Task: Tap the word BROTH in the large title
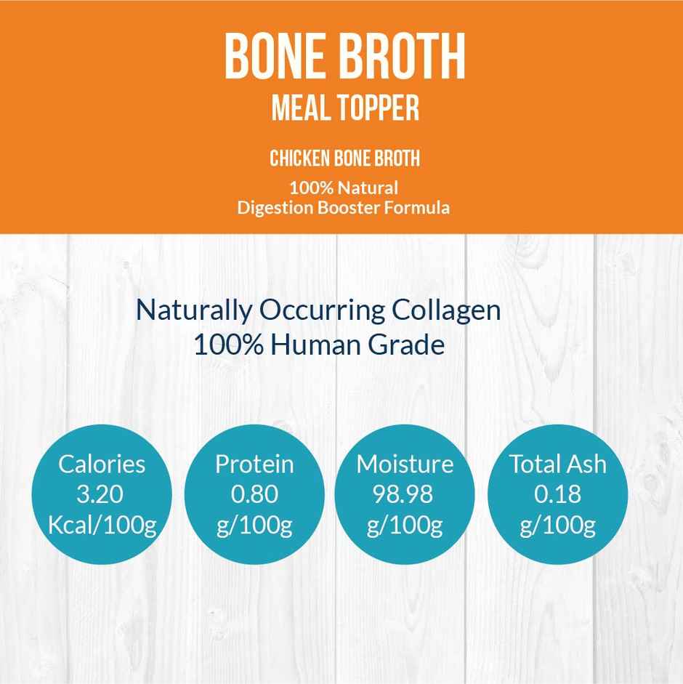[398, 56]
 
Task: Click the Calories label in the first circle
[102, 463]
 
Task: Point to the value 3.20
[100, 494]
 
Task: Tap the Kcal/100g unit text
[102, 526]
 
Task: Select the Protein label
[254, 463]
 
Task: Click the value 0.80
[254, 494]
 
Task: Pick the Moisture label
[405, 463]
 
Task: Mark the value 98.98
[404, 494]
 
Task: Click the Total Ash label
[557, 463]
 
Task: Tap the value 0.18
[557, 494]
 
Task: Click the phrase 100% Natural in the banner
[343, 189]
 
